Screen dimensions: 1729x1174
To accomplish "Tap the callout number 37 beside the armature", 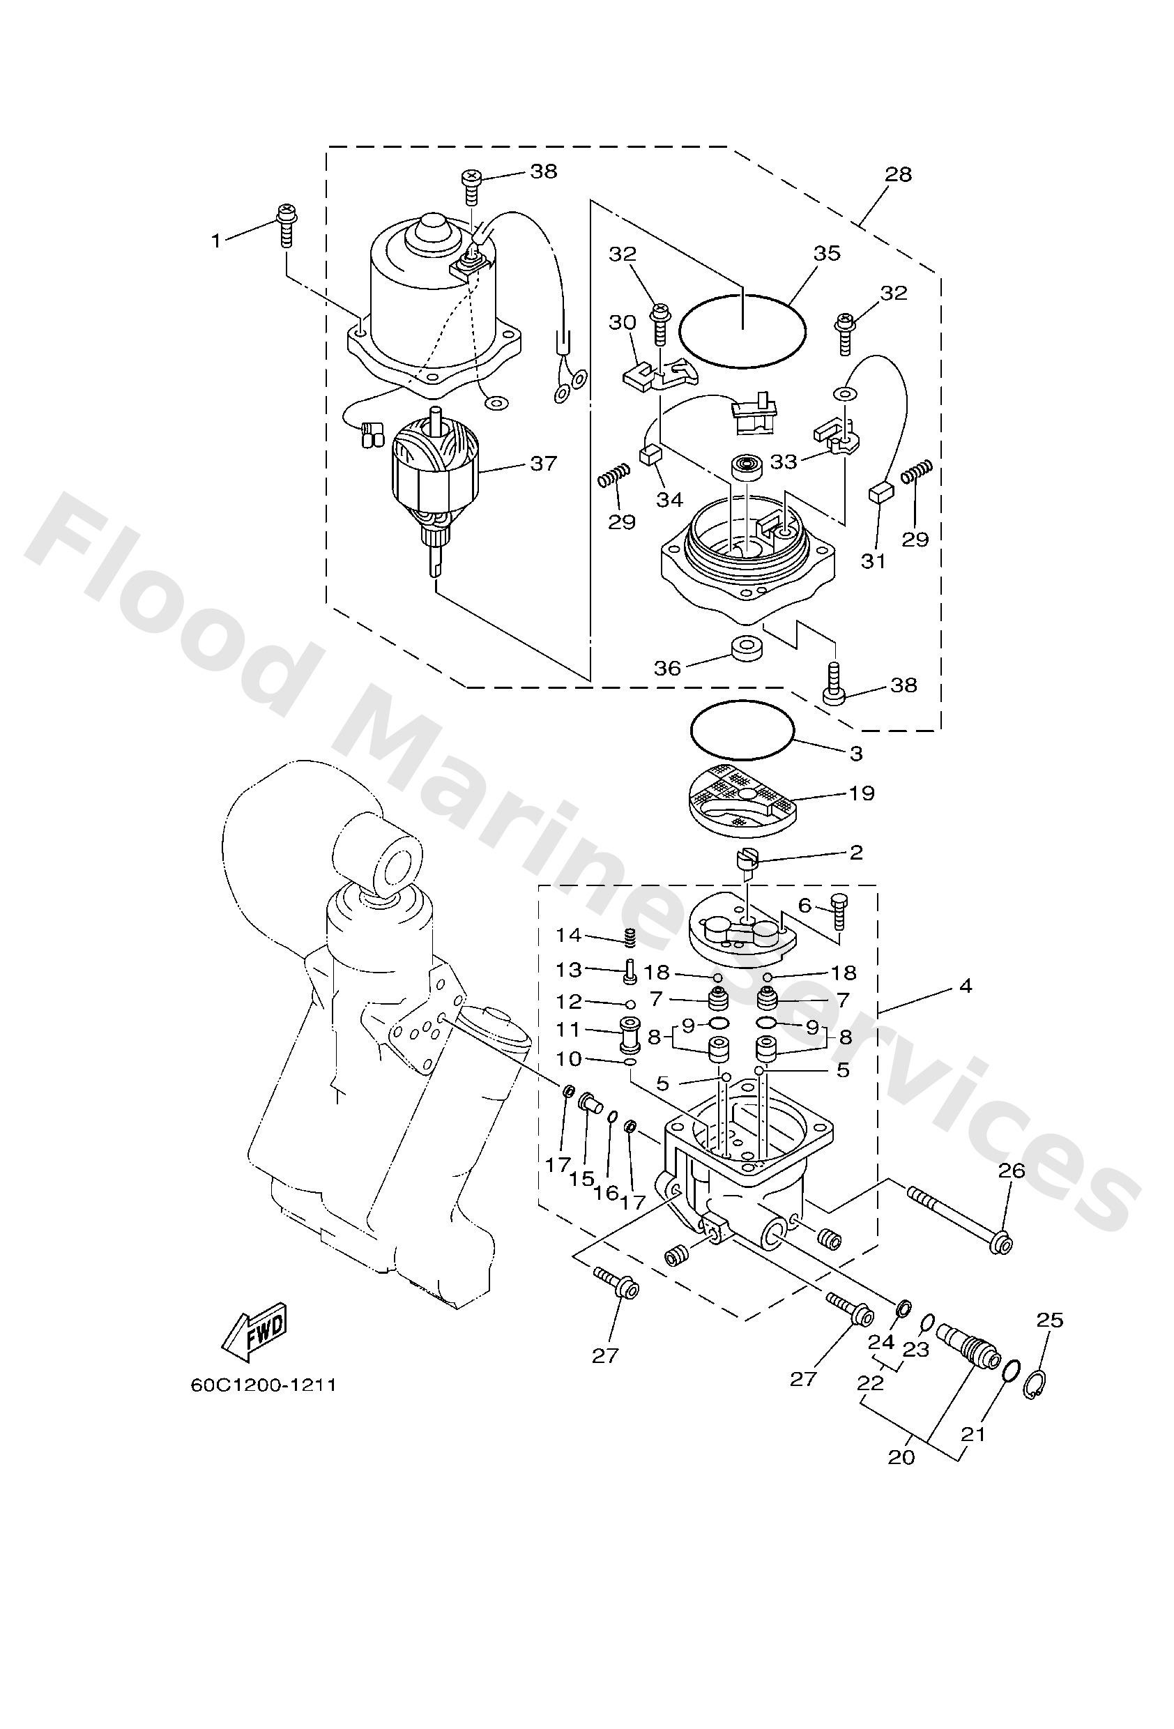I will point(542,463).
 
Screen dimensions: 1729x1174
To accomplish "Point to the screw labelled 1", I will point(286,223).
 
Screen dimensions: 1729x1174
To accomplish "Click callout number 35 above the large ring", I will point(826,253).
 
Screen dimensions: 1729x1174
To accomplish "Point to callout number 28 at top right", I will point(898,174).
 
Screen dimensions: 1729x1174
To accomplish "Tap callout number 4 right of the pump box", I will point(965,987).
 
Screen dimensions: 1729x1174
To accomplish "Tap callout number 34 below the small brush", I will point(669,499).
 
